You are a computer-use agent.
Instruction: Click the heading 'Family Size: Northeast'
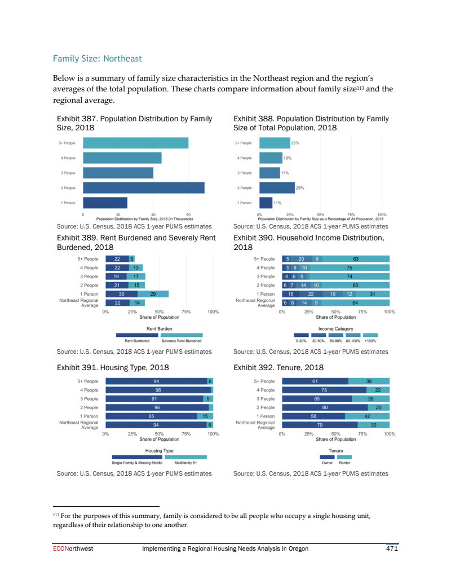tap(97, 59)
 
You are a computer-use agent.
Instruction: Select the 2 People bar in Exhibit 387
tap(143, 187)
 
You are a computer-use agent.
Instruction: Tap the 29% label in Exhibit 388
tap(300, 187)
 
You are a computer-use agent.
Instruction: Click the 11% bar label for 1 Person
tap(277, 203)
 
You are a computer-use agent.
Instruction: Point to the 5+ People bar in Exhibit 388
tap(274, 143)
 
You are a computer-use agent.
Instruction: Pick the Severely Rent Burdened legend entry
tap(181, 340)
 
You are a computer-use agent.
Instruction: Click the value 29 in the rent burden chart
tap(153, 294)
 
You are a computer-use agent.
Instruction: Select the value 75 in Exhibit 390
tap(350, 267)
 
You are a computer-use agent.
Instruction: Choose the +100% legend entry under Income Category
tap(370, 340)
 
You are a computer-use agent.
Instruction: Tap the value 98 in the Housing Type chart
tap(158, 390)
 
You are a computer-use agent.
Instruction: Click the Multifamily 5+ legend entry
tap(185, 462)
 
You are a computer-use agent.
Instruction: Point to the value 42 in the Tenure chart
tap(367, 416)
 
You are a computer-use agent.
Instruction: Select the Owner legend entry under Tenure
tap(327, 462)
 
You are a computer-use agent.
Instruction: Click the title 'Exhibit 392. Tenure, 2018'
tap(278, 367)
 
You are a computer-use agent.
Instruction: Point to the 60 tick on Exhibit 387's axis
tap(188, 214)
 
